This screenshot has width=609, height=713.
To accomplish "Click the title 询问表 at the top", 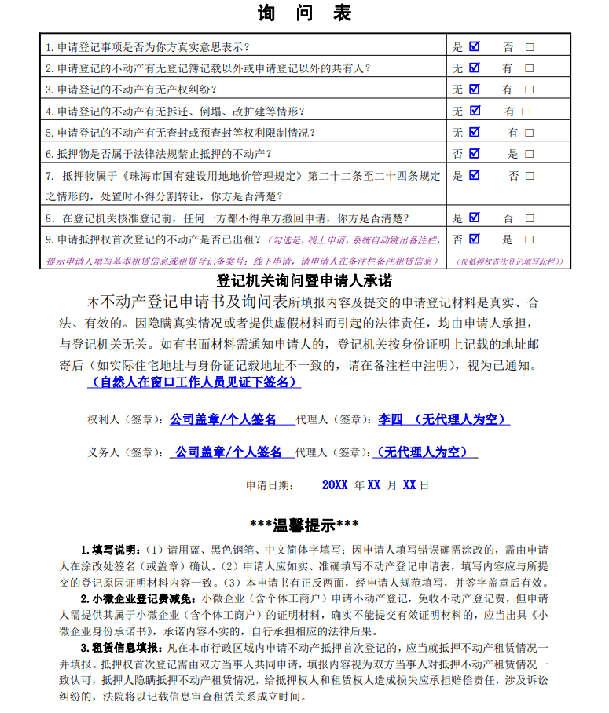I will (303, 13).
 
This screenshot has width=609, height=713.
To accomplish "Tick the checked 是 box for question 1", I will (474, 46).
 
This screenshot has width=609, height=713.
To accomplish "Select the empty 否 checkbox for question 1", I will (530, 47).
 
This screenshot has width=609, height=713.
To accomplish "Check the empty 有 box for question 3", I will (530, 90).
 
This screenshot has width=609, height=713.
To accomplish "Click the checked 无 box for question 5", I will (474, 132).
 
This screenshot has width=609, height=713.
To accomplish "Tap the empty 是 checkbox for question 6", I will (530, 154).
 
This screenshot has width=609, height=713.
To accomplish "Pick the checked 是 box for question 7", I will (474, 175).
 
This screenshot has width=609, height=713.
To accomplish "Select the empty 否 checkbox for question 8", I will (530, 218).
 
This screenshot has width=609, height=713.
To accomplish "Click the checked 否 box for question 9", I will (474, 239).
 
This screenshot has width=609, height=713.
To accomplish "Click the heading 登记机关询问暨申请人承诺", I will (304, 280).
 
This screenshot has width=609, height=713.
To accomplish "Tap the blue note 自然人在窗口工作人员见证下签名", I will (193, 382).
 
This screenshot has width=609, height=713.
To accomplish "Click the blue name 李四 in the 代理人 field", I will (391, 419).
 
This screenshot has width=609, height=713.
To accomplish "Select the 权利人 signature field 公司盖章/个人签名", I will (223, 419).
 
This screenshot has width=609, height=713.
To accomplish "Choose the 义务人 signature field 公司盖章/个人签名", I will (228, 452).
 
